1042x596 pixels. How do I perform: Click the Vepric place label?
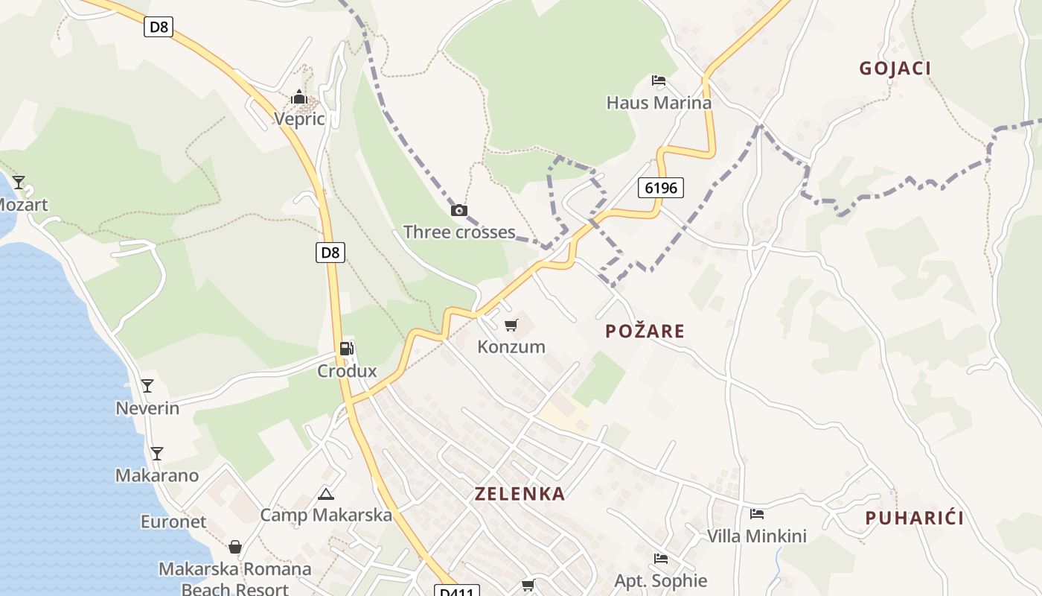point(299,119)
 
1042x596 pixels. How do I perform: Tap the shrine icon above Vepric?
point(299,98)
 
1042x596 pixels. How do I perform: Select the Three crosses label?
point(459,232)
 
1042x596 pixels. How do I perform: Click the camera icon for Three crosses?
point(459,211)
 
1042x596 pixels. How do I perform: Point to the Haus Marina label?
point(659,103)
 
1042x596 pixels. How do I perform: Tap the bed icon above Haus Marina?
point(659,80)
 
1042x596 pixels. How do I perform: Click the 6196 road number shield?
point(661,188)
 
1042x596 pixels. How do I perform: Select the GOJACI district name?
point(895,69)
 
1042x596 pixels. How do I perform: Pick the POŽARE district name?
point(645,332)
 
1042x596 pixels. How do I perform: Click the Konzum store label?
point(511,347)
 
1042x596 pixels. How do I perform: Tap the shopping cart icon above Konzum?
point(511,326)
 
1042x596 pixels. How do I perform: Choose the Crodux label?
point(347,371)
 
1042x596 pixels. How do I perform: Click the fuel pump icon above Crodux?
point(346,349)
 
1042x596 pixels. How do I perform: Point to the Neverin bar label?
point(147,408)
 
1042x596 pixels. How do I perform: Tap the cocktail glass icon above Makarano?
point(156,454)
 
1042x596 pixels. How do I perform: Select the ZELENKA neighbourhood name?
point(520,494)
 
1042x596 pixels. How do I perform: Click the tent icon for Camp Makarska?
point(326,494)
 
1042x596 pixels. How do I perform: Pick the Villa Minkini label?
point(757,536)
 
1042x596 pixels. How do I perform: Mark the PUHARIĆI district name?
point(915,519)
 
